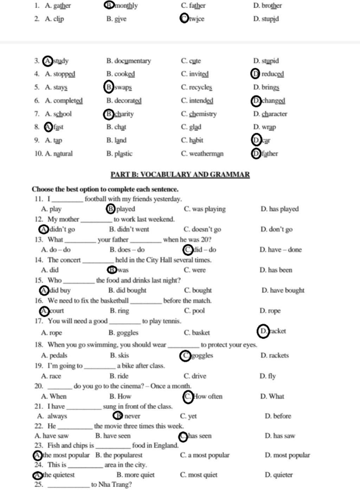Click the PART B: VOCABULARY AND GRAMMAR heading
pos(180,174)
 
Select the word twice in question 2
pos(197,19)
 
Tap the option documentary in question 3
pos(129,61)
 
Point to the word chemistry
pos(203,114)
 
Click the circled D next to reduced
pos(256,74)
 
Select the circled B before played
pos(110,209)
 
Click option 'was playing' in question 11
pos(205,209)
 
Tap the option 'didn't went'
pos(129,229)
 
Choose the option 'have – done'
pos(281,250)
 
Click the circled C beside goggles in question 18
pos(185,356)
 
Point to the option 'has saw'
pos(280,436)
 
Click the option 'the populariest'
pos(119,455)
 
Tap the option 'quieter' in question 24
pos(279,475)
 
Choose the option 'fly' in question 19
pos(268,376)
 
